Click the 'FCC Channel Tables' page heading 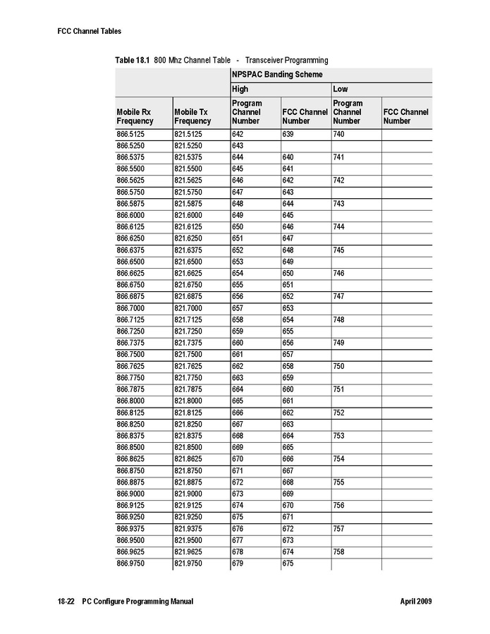tap(90, 31)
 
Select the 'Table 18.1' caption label tap(132, 60)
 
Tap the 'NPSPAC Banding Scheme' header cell tap(277, 74)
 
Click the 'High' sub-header tap(240, 90)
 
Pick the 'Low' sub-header tap(340, 90)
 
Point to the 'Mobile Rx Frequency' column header tap(134, 116)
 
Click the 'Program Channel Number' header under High tap(247, 112)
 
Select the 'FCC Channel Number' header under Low tap(405, 116)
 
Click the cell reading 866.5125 tap(130, 134)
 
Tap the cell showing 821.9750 tap(188, 564)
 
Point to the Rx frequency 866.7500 tap(130, 355)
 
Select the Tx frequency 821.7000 tap(188, 308)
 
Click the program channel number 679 tap(238, 564)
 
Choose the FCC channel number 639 tap(288, 134)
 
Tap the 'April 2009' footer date tap(415, 602)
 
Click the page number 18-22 tap(66, 602)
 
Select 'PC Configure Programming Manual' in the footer tap(137, 602)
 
